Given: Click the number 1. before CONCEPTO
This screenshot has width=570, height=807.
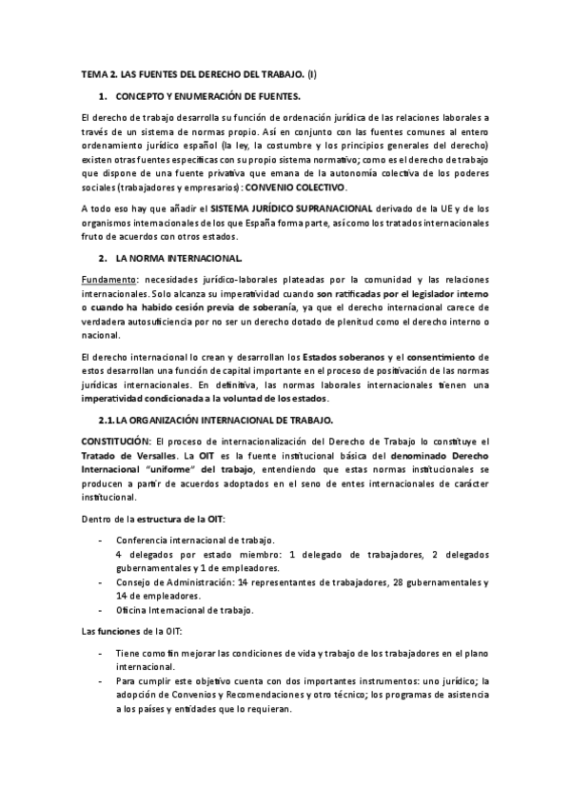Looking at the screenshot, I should point(102,97).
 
